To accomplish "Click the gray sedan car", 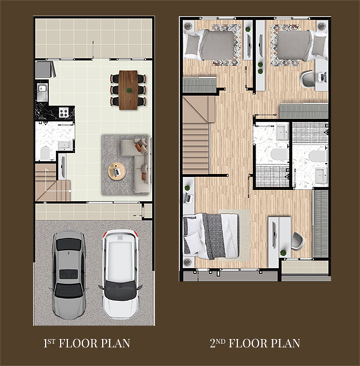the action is coord(68,276).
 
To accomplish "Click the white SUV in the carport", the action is coord(120,274).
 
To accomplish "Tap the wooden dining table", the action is coord(128,90).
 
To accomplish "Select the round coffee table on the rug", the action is coord(117,172).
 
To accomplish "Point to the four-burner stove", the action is coord(63,113).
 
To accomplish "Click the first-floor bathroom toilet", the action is coord(45,153).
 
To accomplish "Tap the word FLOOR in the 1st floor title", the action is coord(78,344).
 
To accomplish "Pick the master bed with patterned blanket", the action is coord(211,236).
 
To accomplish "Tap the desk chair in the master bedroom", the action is coord(297,241).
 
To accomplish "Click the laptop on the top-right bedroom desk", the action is coord(323,77).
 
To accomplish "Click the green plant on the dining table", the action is coord(128,90).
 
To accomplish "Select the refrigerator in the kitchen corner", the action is coord(44,69).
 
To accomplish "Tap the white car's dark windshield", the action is coord(120,291).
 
